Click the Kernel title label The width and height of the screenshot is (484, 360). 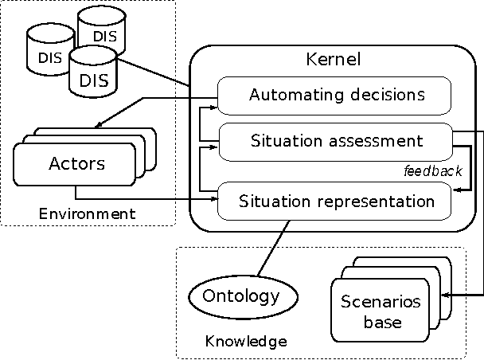pyautogui.click(x=334, y=60)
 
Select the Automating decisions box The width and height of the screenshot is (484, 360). pyautogui.click(x=335, y=96)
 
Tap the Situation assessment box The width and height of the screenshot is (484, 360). pyautogui.click(x=335, y=141)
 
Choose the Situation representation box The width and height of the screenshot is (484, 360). pyautogui.click(x=335, y=201)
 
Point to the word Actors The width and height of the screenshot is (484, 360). pyautogui.click(x=77, y=164)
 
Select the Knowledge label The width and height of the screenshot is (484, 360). pyautogui.click(x=246, y=342)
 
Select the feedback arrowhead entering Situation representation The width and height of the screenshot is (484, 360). pyautogui.click(x=456, y=190)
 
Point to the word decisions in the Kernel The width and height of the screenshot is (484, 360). pyautogui.click(x=388, y=96)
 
